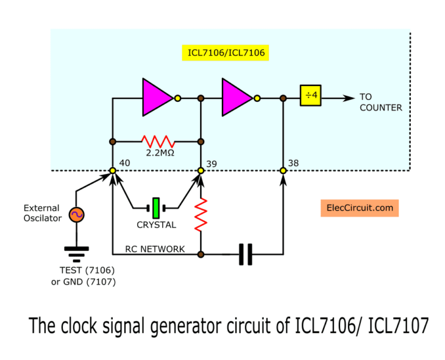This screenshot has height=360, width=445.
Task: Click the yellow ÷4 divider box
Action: (x=311, y=96)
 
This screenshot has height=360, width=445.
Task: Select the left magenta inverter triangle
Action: (x=157, y=97)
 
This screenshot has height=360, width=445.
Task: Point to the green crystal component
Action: (x=157, y=207)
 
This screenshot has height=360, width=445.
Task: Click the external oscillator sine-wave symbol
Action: (x=77, y=214)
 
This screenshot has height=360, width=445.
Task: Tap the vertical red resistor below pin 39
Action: (x=201, y=215)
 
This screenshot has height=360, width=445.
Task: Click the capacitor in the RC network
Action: (x=245, y=253)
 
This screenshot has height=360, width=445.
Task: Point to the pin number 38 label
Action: (x=293, y=163)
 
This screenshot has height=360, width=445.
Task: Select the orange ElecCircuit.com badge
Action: (x=359, y=207)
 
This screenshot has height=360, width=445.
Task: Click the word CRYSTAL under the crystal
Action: (x=157, y=225)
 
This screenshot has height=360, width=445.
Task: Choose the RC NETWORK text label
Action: (x=155, y=249)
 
